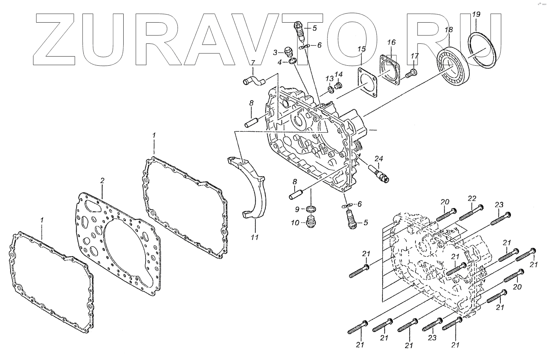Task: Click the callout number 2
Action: [102, 181]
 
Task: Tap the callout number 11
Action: [255, 238]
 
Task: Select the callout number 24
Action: [379, 159]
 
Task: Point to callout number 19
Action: [476, 15]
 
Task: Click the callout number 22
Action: [472, 198]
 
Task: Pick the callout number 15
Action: [361, 49]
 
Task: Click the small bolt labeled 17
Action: [410, 73]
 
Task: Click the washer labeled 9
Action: [310, 209]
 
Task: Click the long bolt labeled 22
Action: [470, 213]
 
